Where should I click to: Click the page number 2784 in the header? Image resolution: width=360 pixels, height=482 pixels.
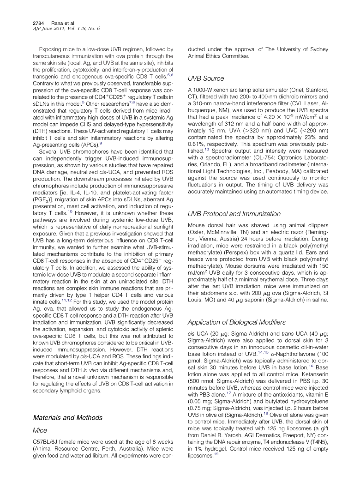(x=39, y=23)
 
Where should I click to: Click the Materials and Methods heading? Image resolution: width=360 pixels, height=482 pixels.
(x=68, y=418)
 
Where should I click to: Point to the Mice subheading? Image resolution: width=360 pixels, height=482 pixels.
(x=40, y=430)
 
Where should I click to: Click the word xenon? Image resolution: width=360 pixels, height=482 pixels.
(x=227, y=90)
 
